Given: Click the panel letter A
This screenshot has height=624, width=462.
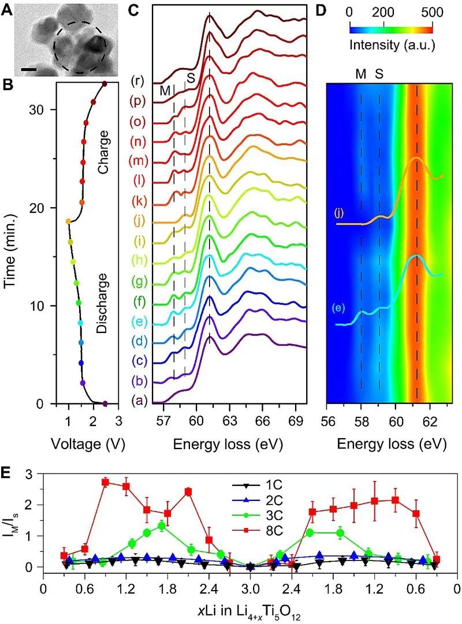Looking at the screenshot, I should coord(9,10).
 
